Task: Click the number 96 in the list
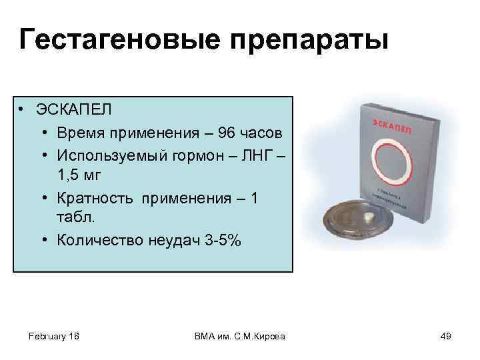(223, 132)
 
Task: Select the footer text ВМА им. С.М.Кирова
(239, 337)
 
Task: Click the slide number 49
(446, 337)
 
